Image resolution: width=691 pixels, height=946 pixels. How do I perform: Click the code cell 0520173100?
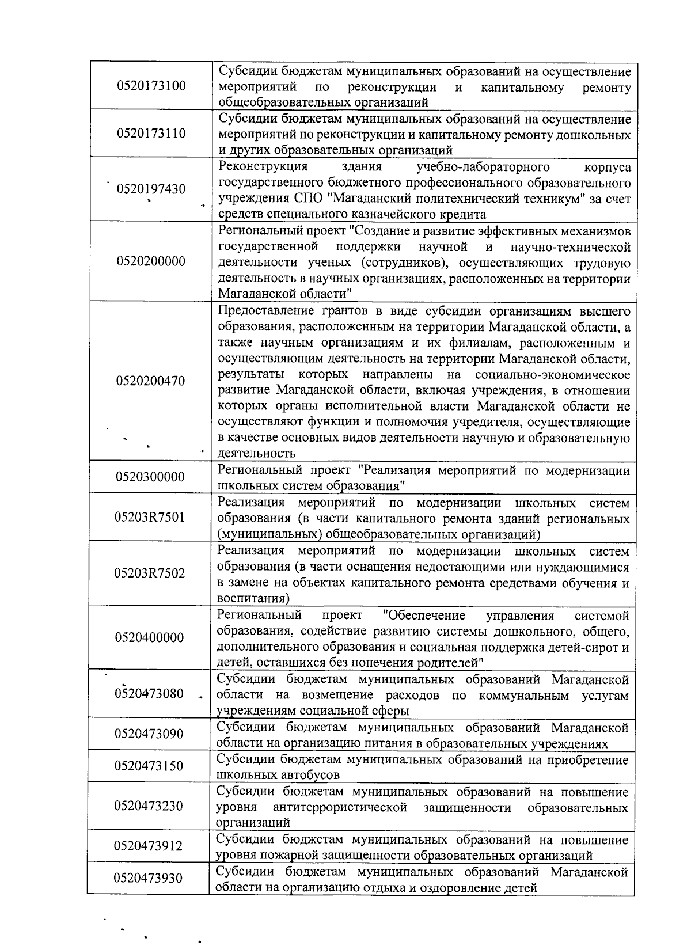151,86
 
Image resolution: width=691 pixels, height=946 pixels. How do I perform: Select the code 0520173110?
151,134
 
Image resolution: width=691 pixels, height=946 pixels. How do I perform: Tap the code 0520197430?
151,189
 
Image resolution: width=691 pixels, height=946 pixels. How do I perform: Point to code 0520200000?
151,261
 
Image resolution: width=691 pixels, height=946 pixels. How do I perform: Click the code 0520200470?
150,381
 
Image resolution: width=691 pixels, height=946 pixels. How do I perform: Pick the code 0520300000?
150,477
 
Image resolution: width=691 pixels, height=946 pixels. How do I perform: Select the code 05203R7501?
150,516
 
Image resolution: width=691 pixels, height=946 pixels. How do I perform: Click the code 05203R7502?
150,573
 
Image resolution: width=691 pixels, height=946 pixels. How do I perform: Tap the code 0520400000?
150,637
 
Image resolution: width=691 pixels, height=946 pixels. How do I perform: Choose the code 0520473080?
149,693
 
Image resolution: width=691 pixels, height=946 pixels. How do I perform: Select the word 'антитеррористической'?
340,807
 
